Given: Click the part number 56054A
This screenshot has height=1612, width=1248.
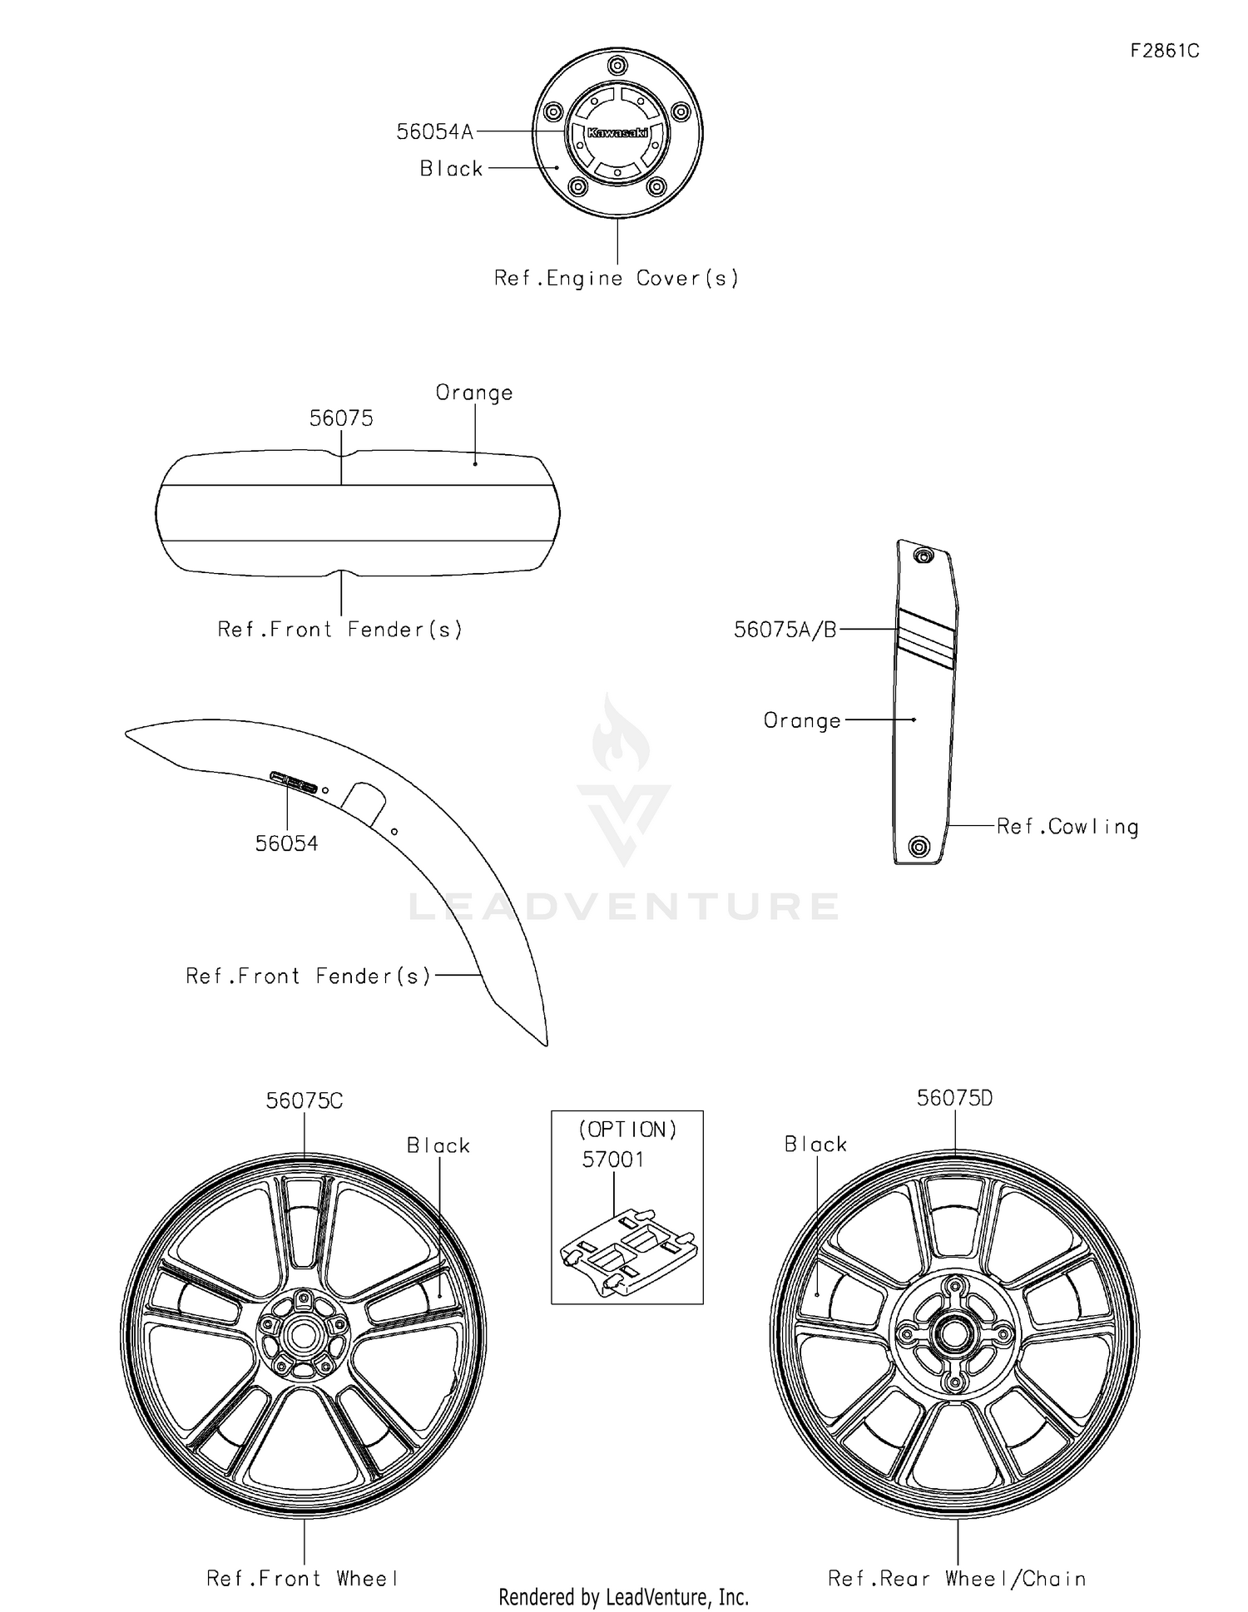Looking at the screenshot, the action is [435, 131].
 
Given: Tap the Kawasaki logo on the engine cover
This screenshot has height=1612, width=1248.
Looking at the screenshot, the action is [617, 133].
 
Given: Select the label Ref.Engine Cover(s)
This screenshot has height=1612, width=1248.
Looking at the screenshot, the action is [617, 279].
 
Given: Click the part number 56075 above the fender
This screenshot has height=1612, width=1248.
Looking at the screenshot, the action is [341, 418].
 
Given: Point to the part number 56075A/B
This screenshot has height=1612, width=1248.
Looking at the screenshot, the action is [785, 630].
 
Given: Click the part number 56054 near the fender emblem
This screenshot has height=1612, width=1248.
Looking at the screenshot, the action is [286, 843].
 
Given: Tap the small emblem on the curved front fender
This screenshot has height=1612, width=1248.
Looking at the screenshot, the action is [294, 782].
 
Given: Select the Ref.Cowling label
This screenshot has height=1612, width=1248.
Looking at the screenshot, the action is [1067, 827].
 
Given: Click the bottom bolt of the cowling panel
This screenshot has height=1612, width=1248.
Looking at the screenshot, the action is [918, 847].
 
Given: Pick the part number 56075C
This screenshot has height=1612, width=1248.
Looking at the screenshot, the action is [305, 1100].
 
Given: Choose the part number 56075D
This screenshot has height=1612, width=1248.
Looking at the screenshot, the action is [955, 1098].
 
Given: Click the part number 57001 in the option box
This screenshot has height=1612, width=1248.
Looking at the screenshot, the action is [613, 1160].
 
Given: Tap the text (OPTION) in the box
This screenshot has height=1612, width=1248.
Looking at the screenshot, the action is [628, 1130].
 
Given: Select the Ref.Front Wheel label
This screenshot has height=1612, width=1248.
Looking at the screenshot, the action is [303, 1579].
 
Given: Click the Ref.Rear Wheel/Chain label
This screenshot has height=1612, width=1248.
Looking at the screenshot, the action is [958, 1579].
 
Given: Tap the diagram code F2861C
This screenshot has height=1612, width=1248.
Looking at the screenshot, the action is [1165, 51].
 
